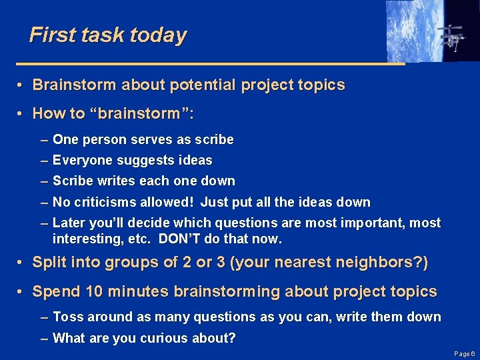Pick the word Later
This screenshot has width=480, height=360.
68,223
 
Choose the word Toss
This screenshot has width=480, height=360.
67,317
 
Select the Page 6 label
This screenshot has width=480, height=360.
463,353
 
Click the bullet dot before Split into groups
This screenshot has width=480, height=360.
22,263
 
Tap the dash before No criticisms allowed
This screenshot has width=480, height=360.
44,202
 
